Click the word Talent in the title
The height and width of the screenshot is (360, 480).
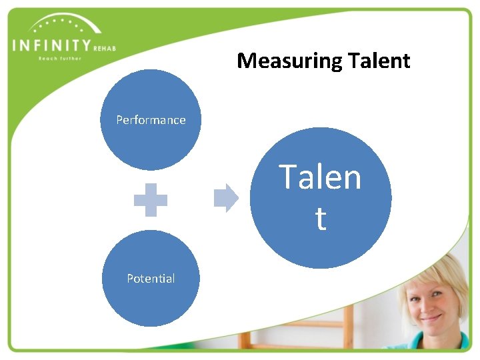pyautogui.click(x=377, y=61)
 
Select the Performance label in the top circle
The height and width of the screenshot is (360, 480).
pyautogui.click(x=151, y=120)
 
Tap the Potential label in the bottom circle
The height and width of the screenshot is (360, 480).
pyautogui.click(x=151, y=279)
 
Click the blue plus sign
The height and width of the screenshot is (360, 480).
pyautogui.click(x=151, y=199)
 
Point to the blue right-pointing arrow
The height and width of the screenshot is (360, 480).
pyautogui.click(x=226, y=197)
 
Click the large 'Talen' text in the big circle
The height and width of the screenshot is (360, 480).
pyautogui.click(x=320, y=177)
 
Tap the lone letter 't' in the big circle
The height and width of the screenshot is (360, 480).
pyautogui.click(x=321, y=219)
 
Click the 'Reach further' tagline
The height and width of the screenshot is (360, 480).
pyautogui.click(x=60, y=58)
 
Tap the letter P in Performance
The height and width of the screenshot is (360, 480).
pyautogui.click(x=119, y=120)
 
